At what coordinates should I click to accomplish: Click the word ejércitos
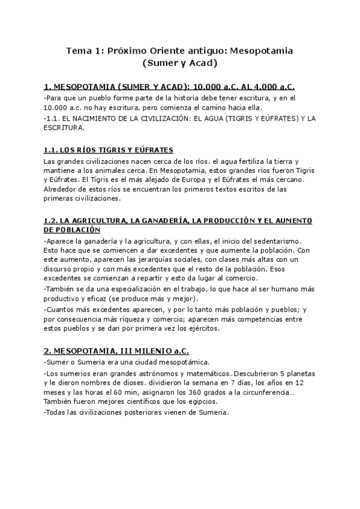pos(202,328)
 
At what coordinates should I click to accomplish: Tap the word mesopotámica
pos(183,363)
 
